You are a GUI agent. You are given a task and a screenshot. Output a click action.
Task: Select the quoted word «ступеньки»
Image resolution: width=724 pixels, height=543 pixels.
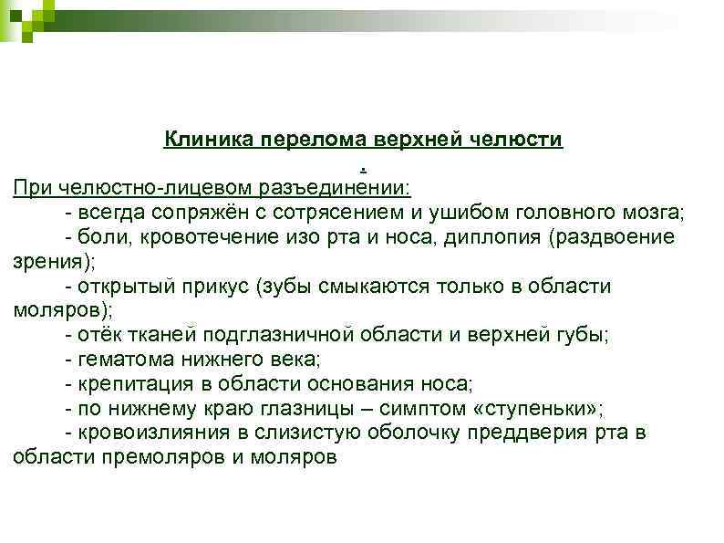coord(547,408)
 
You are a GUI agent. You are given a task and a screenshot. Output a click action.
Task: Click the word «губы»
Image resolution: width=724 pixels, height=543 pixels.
coord(583,335)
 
